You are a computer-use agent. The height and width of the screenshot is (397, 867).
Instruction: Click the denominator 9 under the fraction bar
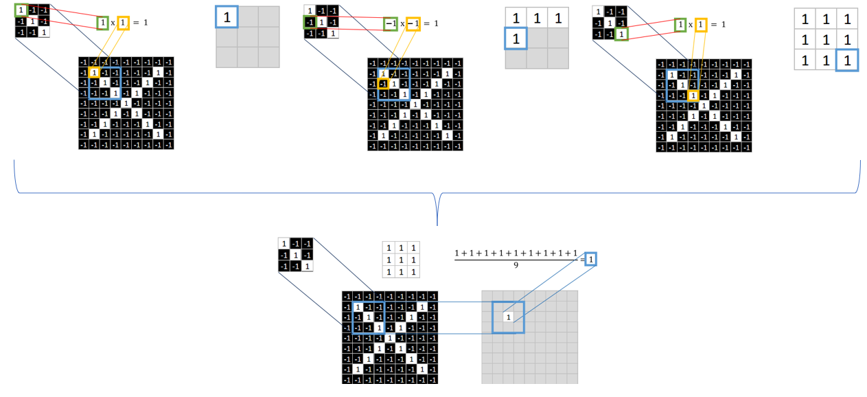coord(516,264)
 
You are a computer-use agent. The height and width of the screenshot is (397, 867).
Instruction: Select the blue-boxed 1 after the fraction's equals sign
coord(590,258)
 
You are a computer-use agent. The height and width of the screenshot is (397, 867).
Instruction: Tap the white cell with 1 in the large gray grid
coord(508,317)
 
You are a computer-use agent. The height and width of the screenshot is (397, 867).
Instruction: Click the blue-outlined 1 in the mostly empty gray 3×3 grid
coord(227,16)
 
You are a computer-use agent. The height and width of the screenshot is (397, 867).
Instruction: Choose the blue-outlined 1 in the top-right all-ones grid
coord(848,60)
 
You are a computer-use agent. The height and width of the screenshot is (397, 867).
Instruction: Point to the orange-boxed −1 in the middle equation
coord(413,24)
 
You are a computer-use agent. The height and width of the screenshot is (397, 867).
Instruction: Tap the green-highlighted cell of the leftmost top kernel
coord(21,10)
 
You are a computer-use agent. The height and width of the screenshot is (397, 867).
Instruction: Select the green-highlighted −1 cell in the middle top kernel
coord(310,22)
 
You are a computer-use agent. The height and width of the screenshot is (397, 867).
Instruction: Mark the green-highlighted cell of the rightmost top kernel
coord(621,34)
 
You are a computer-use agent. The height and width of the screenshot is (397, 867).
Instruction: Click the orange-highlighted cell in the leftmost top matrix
coord(94,72)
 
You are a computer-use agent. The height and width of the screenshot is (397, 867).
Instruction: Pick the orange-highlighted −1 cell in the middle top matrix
coord(383,84)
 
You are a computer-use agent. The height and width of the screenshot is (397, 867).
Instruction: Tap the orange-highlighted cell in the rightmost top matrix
coord(693,95)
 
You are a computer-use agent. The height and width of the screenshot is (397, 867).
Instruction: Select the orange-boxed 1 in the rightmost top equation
coord(701,25)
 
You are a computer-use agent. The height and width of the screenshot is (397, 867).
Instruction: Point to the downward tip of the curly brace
coord(437,224)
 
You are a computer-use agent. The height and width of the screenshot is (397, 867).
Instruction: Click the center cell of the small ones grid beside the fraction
coord(400,260)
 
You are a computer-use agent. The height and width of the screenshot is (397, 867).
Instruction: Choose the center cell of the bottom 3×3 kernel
coord(295,254)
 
